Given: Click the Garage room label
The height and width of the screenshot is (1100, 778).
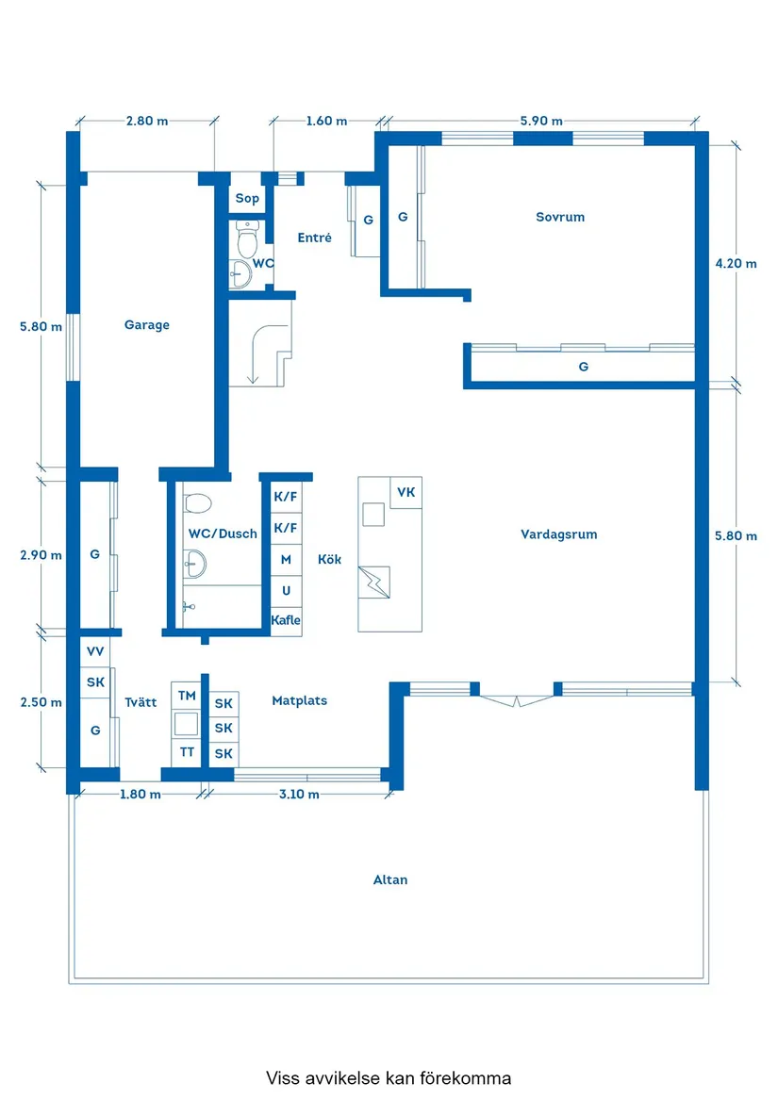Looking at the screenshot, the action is pyautogui.click(x=147, y=325).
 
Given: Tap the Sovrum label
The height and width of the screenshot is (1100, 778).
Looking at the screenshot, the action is pyautogui.click(x=560, y=217).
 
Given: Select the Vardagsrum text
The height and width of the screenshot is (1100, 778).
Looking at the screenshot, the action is pyautogui.click(x=559, y=534).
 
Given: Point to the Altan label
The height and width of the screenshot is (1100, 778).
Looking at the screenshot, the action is pyautogui.click(x=390, y=879).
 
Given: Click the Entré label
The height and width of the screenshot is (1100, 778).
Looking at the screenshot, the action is pyautogui.click(x=315, y=238).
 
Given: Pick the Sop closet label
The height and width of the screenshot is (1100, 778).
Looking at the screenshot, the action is pyautogui.click(x=247, y=199).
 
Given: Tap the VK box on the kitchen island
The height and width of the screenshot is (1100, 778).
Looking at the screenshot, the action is pyautogui.click(x=406, y=492).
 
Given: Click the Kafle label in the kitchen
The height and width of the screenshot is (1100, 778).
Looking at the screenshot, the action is pyautogui.click(x=286, y=620).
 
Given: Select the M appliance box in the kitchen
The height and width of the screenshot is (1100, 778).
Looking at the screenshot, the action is pyautogui.click(x=287, y=560).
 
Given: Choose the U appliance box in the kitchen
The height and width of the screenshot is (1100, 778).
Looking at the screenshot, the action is pyautogui.click(x=287, y=591).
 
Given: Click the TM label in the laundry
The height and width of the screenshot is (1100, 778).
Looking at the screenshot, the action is pyautogui.click(x=187, y=696).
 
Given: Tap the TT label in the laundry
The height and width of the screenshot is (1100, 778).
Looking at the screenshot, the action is pyautogui.click(x=187, y=752).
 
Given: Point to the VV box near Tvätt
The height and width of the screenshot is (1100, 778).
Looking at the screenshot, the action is pyautogui.click(x=95, y=651).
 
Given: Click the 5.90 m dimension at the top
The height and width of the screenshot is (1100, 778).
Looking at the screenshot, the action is pyautogui.click(x=541, y=121).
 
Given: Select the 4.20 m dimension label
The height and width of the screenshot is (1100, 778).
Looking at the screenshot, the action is pyautogui.click(x=736, y=264).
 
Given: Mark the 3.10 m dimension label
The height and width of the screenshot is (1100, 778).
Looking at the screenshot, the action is pyautogui.click(x=299, y=795).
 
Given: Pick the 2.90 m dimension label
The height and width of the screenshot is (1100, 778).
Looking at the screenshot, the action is pyautogui.click(x=41, y=555).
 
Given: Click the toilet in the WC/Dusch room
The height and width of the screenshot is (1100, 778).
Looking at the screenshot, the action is pyautogui.click(x=198, y=503).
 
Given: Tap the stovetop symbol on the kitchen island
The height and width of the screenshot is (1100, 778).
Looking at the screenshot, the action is pyautogui.click(x=373, y=583).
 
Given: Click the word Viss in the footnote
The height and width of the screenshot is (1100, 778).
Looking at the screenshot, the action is pyautogui.click(x=283, y=1077).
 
